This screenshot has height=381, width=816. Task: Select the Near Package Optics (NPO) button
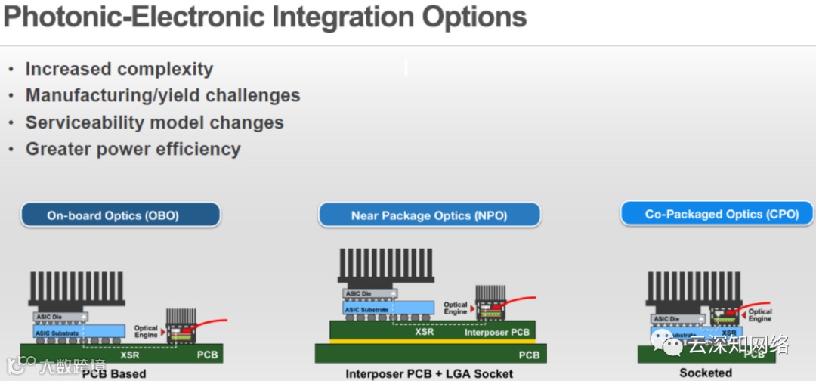(x=428, y=215)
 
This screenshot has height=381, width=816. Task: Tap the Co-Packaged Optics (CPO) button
(x=722, y=214)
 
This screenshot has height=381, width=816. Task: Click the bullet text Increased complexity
(x=119, y=69)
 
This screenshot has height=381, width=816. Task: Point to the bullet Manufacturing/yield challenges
(x=162, y=95)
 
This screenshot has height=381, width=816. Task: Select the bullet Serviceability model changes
(x=154, y=122)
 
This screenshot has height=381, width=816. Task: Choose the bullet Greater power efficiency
(x=133, y=149)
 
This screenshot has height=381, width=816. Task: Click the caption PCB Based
(x=114, y=373)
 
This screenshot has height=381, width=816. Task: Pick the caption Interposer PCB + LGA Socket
(x=429, y=373)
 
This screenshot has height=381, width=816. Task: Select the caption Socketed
(x=706, y=372)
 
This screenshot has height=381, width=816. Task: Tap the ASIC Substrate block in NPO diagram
(x=367, y=309)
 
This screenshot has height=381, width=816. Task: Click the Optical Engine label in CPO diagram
(x=759, y=315)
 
